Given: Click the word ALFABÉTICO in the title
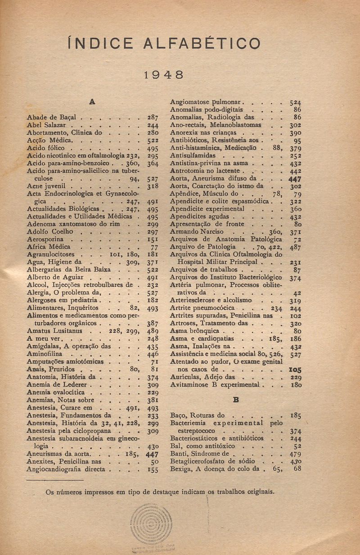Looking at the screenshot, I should (x=202, y=43).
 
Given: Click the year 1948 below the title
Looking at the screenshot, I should (x=164, y=75).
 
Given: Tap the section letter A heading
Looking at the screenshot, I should (x=92, y=102).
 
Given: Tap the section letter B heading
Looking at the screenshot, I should (x=235, y=399).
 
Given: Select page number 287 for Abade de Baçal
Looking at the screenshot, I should (x=152, y=117).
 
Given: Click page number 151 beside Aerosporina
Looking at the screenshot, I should (x=152, y=240).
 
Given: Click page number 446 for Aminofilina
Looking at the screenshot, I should (x=152, y=354).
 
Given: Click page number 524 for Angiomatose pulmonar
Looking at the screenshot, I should (x=295, y=102).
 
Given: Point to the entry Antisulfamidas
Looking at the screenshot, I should (x=193, y=155).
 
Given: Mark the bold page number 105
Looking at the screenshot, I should (x=295, y=370).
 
